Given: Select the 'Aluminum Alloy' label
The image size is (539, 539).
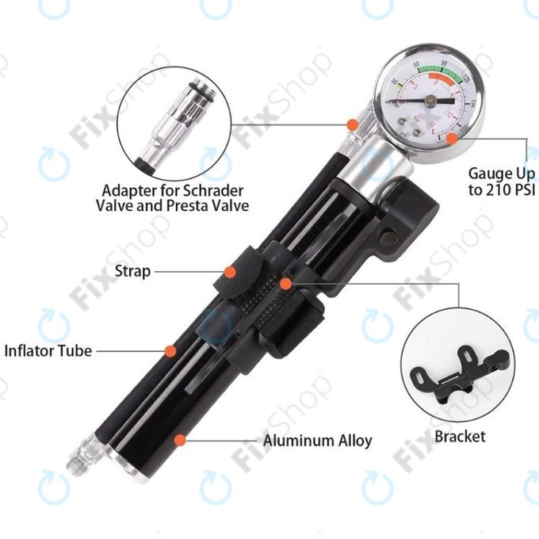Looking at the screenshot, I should [317, 441].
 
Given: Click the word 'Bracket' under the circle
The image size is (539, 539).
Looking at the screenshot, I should [460, 437].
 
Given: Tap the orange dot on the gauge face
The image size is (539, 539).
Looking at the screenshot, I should [449, 137].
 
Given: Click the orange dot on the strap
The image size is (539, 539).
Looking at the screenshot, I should [230, 272].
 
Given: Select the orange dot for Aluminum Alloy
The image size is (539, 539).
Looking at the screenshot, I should [182, 438].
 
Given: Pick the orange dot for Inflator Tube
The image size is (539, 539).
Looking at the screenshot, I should [169, 350].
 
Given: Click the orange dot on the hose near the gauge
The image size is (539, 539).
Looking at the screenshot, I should [350, 124].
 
